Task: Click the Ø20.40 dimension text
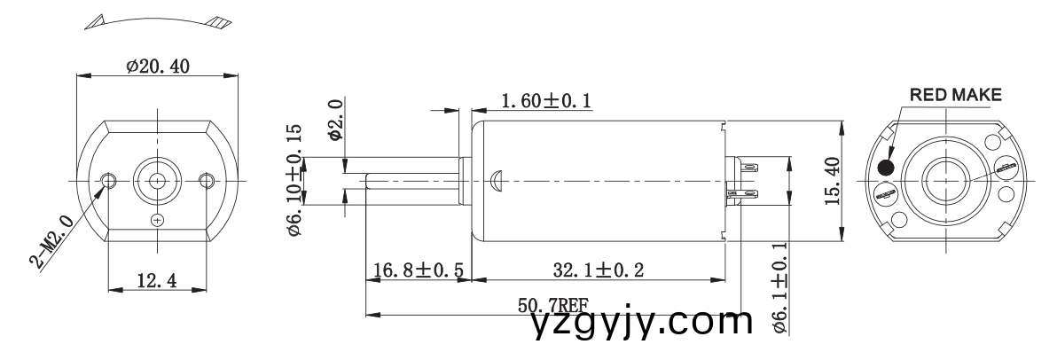[158, 67]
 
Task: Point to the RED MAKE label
[954, 94]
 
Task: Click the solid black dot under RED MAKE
[885, 167]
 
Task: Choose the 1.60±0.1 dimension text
[546, 103]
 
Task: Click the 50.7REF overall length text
[552, 307]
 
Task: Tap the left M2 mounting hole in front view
[109, 180]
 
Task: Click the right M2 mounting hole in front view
[207, 180]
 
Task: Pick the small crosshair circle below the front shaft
[158, 219]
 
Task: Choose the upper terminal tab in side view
[748, 166]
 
